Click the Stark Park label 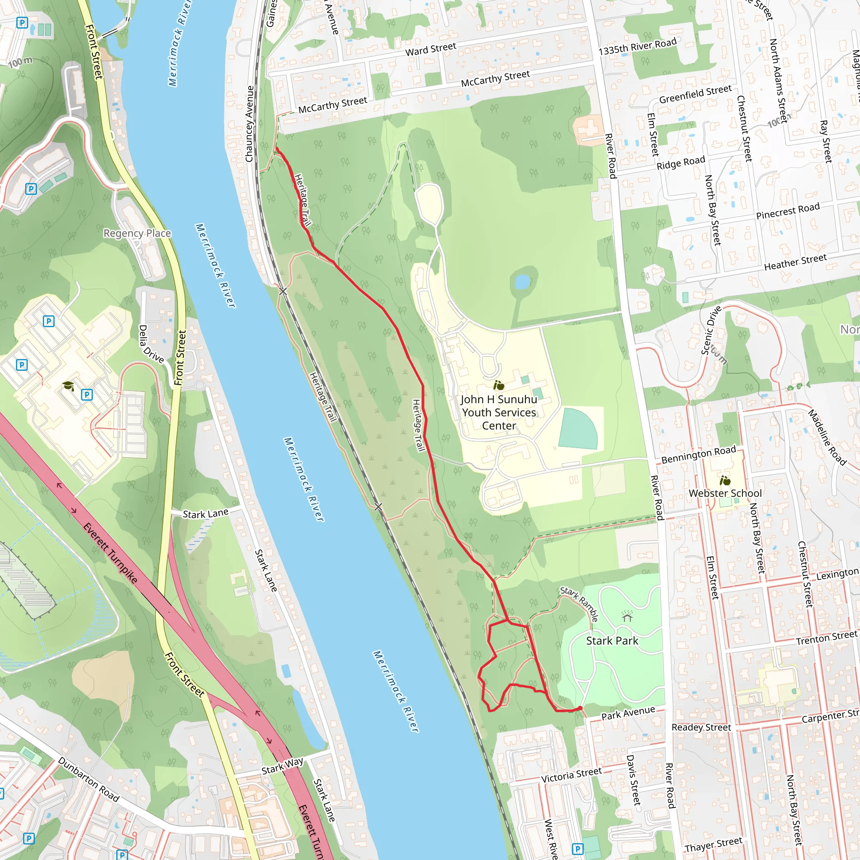[612, 641]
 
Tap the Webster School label [725, 493]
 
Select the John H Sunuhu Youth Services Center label [498, 413]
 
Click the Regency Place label [137, 233]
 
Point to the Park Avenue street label [628, 713]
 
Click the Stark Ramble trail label [579, 603]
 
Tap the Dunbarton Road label [89, 779]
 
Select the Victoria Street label [571, 775]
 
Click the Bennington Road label [698, 454]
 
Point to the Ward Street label [430, 50]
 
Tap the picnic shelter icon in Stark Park [628, 617]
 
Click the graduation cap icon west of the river [68, 385]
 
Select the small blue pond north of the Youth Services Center [522, 281]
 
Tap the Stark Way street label [282, 766]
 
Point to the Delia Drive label [151, 343]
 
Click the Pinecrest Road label [787, 211]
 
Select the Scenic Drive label [711, 330]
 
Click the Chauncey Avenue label [249, 124]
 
